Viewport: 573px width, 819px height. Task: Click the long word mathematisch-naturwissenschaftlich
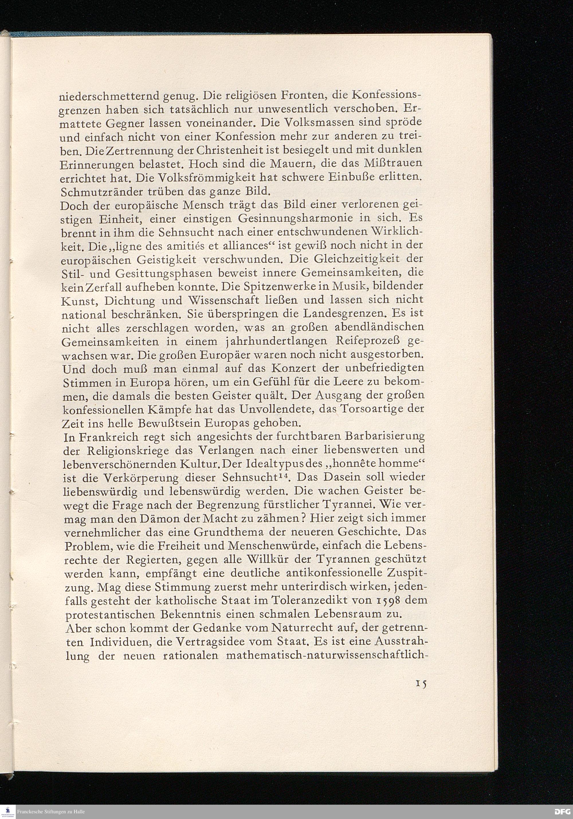[x=327, y=655]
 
